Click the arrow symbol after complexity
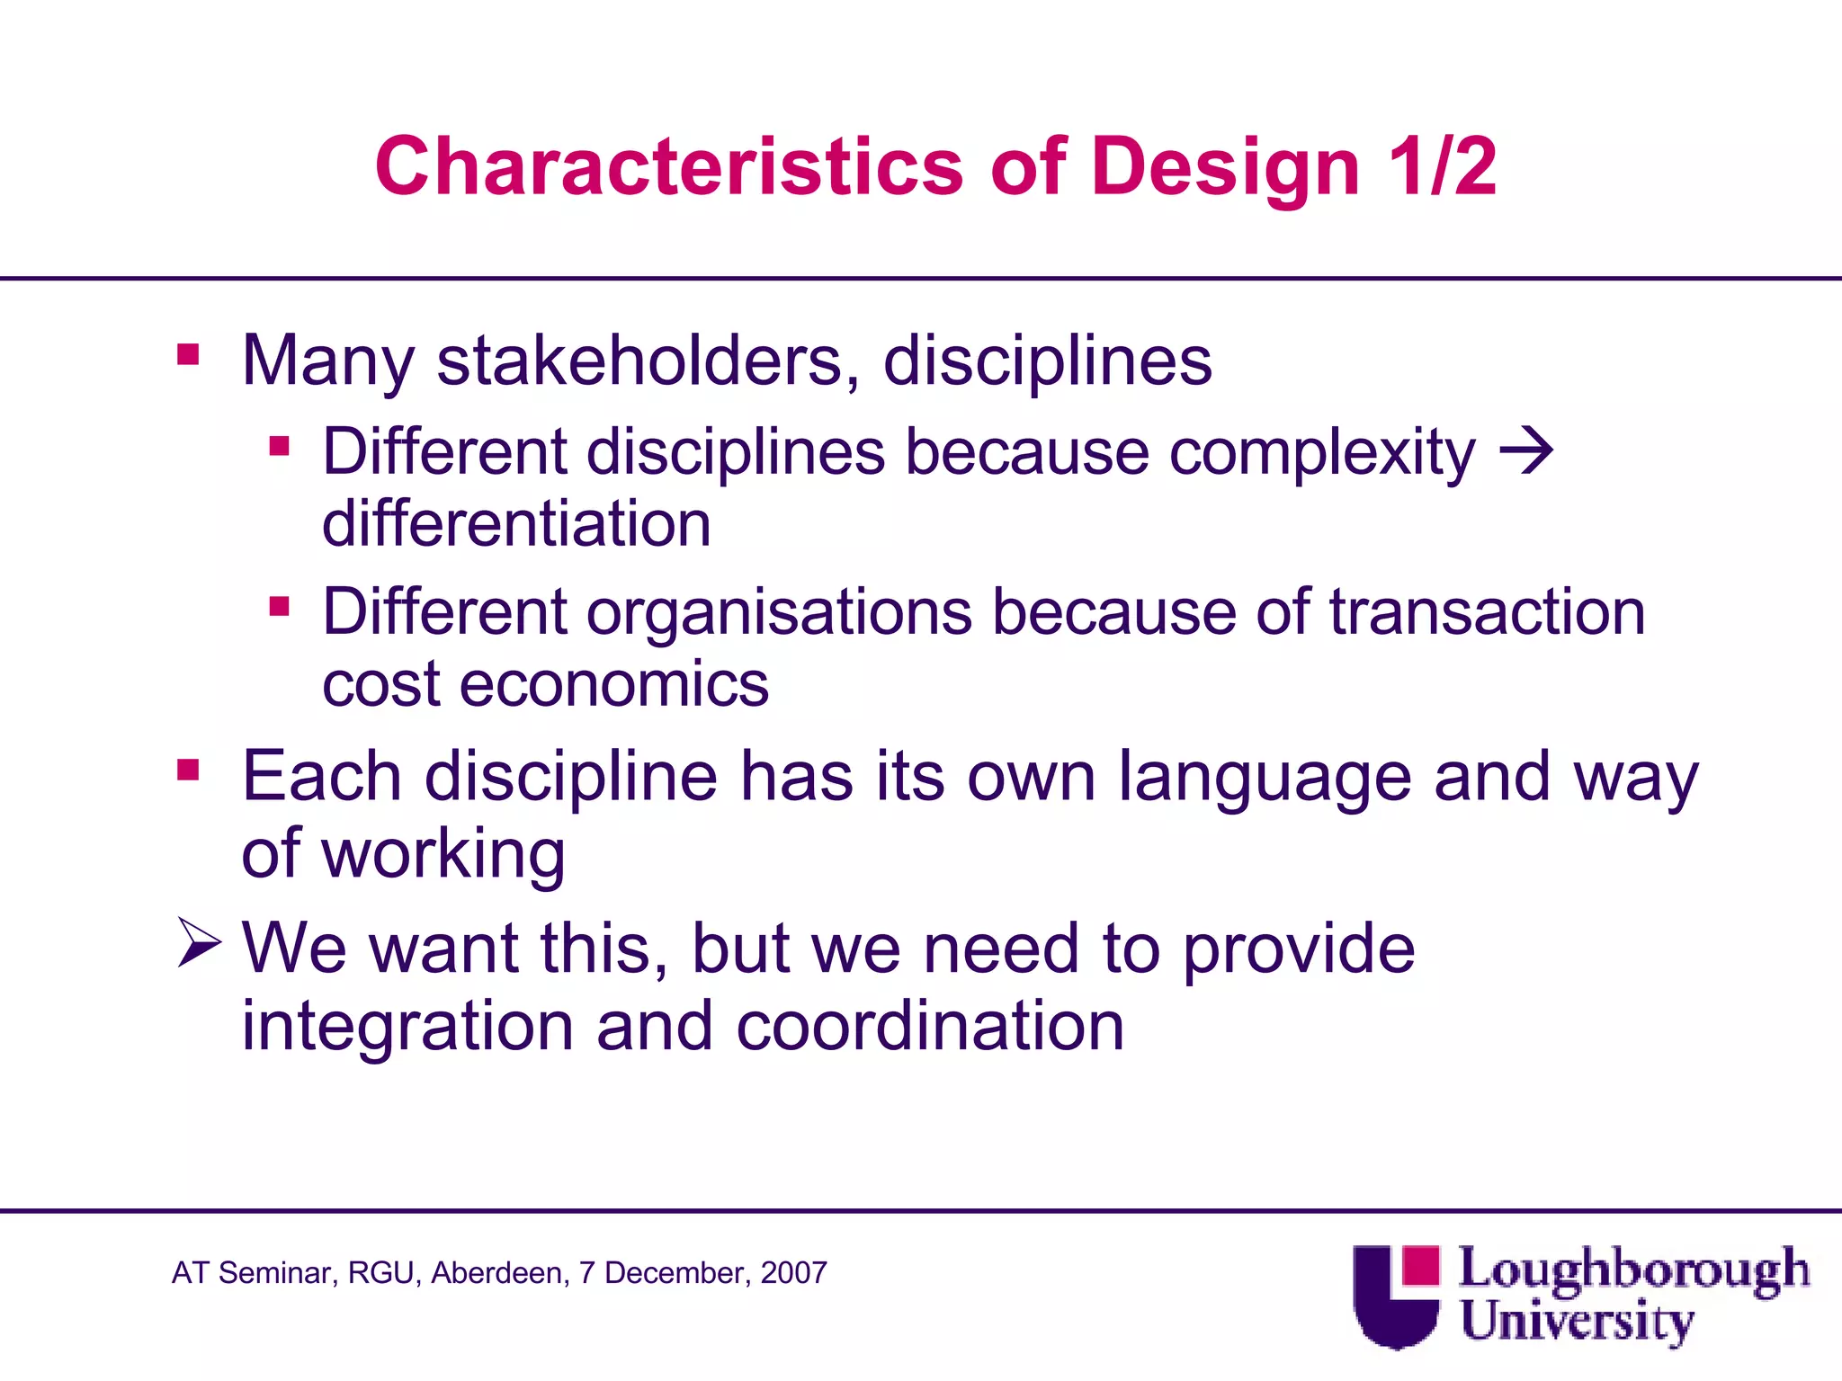(1526, 450)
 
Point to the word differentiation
(516, 524)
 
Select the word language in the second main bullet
(1265, 777)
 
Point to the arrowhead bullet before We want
(199, 942)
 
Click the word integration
(407, 1027)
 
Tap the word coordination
(930, 1027)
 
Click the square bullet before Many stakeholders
(188, 354)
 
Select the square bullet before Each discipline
(188, 770)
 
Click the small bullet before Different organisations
(279, 607)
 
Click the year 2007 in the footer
(793, 1273)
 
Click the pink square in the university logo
(1420, 1265)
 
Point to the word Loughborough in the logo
(1633, 1270)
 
